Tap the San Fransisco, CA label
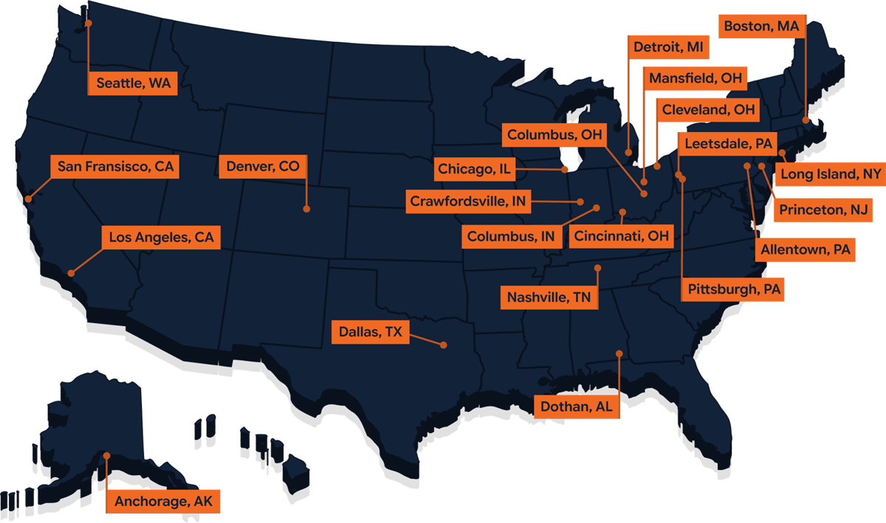pos(115,167)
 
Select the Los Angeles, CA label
pos(161,238)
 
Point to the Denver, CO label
pos(263,167)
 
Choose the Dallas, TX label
pos(371,333)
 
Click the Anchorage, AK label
pos(163,502)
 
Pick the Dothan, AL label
pos(577,406)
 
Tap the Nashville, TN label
pos(549,298)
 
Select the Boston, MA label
pos(761,27)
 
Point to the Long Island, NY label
pos(831,175)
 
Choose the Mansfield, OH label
pos(696,78)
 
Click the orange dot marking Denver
pos(306,209)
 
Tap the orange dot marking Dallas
pos(444,344)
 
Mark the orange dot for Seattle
pos(88,23)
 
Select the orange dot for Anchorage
pos(106,456)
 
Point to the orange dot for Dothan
pos(619,353)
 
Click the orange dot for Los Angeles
pos(71,273)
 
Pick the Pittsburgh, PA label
pos(733,289)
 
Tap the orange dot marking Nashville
pos(598,268)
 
